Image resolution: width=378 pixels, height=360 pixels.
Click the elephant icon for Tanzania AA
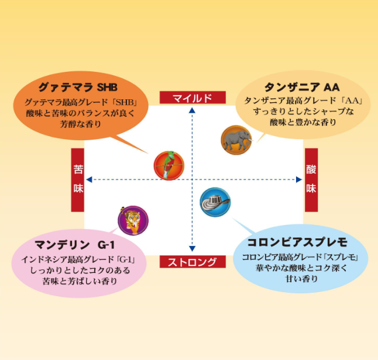[x=236, y=140]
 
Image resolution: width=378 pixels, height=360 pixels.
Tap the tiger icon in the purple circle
[x=133, y=220]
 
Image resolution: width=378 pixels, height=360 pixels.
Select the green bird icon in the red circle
[x=169, y=165]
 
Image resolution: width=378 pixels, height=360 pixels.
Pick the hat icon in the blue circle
[x=215, y=202]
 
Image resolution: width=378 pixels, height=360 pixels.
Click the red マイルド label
[x=193, y=98]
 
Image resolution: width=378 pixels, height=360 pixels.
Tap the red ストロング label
[x=193, y=262]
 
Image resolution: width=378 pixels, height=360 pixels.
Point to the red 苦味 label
[x=78, y=180]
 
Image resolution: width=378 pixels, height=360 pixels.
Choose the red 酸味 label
[x=311, y=180]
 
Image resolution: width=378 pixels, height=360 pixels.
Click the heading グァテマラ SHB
[x=78, y=87]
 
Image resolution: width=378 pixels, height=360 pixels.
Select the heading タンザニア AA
[x=302, y=87]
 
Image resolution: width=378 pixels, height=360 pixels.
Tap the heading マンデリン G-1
[x=74, y=245]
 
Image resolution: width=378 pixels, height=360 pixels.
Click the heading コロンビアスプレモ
[x=297, y=243]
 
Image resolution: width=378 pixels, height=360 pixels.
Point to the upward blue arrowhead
[x=192, y=110]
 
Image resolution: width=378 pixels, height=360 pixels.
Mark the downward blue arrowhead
[x=192, y=249]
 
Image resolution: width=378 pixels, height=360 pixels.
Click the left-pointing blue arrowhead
[x=89, y=179]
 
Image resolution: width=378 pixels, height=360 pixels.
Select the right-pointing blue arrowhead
[x=299, y=179]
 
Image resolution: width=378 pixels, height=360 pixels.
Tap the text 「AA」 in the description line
[x=352, y=101]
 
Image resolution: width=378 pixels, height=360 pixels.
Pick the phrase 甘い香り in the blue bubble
[x=301, y=279]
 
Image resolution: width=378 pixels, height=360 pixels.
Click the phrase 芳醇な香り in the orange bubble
[x=80, y=124]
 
